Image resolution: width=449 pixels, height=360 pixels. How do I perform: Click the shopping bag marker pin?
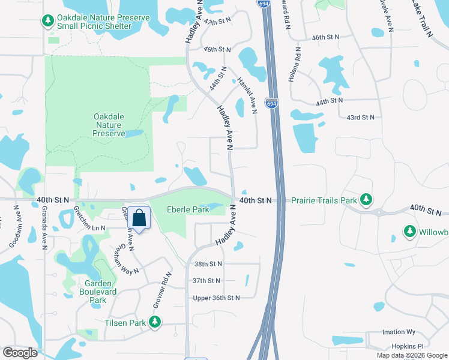coord(139,218)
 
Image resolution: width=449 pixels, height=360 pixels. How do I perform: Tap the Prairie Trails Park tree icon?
coord(365,200)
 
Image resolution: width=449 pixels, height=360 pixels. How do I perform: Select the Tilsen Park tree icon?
coord(155,323)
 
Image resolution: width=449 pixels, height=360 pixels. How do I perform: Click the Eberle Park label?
coord(188,209)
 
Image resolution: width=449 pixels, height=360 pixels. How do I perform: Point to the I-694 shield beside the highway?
coord(272,103)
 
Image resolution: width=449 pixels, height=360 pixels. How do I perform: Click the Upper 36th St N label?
coord(216,298)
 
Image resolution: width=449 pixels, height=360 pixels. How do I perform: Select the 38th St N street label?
coord(208,263)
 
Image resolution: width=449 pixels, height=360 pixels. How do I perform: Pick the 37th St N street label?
coord(207,280)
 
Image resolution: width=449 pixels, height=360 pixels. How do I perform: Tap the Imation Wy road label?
coord(399,332)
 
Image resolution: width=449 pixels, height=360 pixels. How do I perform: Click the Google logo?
coord(20,353)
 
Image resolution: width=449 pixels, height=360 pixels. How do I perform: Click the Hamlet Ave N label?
coord(247,95)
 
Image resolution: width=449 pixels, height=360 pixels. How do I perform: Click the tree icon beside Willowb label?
coord(410,231)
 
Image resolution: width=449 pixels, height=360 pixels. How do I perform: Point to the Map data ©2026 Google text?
coord(411,355)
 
